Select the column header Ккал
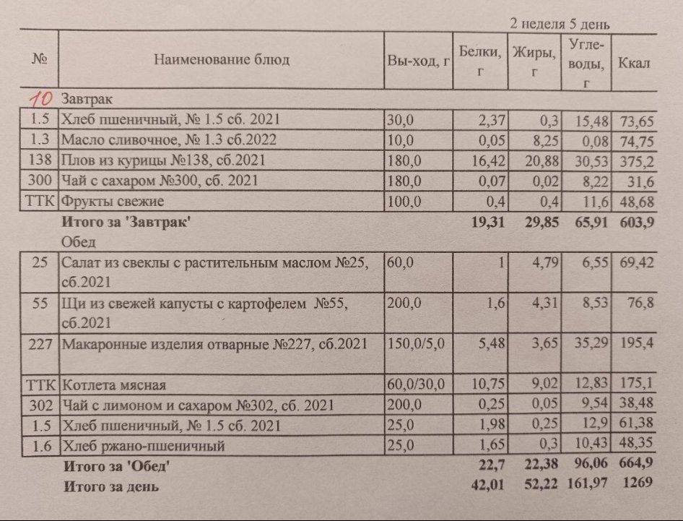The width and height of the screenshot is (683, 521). tap(634, 63)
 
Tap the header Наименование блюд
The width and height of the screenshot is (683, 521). tap(221, 60)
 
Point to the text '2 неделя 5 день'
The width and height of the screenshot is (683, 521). tap(560, 25)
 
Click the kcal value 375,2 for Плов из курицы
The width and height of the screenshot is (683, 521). tap(636, 160)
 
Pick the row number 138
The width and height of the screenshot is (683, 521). tap(38, 160)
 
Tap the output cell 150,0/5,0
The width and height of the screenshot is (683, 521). tap(416, 343)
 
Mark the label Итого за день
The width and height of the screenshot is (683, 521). tap(111, 486)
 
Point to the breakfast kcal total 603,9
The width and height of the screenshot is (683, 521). tap(636, 222)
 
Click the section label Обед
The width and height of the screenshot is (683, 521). tap(75, 242)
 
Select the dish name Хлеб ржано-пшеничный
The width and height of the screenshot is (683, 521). tap(144, 446)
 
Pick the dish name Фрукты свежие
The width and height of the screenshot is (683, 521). tap(113, 201)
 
